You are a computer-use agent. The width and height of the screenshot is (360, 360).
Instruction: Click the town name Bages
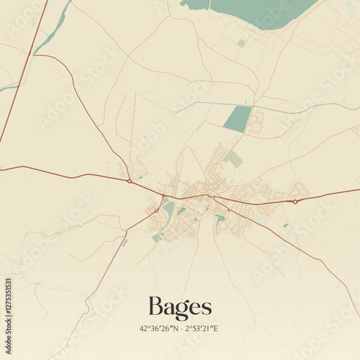coord(180,307)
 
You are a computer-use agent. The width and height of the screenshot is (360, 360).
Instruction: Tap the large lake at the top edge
coord(263,11)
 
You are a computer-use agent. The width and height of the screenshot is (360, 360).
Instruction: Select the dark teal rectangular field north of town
coord(238,119)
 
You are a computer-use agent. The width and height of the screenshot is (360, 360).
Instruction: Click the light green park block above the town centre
coord(233,159)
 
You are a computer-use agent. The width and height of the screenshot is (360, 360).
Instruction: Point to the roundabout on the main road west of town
coord(129,181)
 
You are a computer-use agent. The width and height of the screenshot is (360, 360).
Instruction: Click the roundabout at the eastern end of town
coord(295,202)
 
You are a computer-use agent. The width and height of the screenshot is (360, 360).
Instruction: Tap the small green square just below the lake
coord(241,43)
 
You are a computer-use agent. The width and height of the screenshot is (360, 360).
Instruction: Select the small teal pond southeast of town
coord(285,225)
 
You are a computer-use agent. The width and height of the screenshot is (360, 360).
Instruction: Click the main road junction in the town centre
coord(209,195)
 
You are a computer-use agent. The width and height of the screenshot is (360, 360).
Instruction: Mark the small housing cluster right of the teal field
coord(256,122)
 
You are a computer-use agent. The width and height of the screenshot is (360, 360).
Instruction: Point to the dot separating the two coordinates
coord(181,329)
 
